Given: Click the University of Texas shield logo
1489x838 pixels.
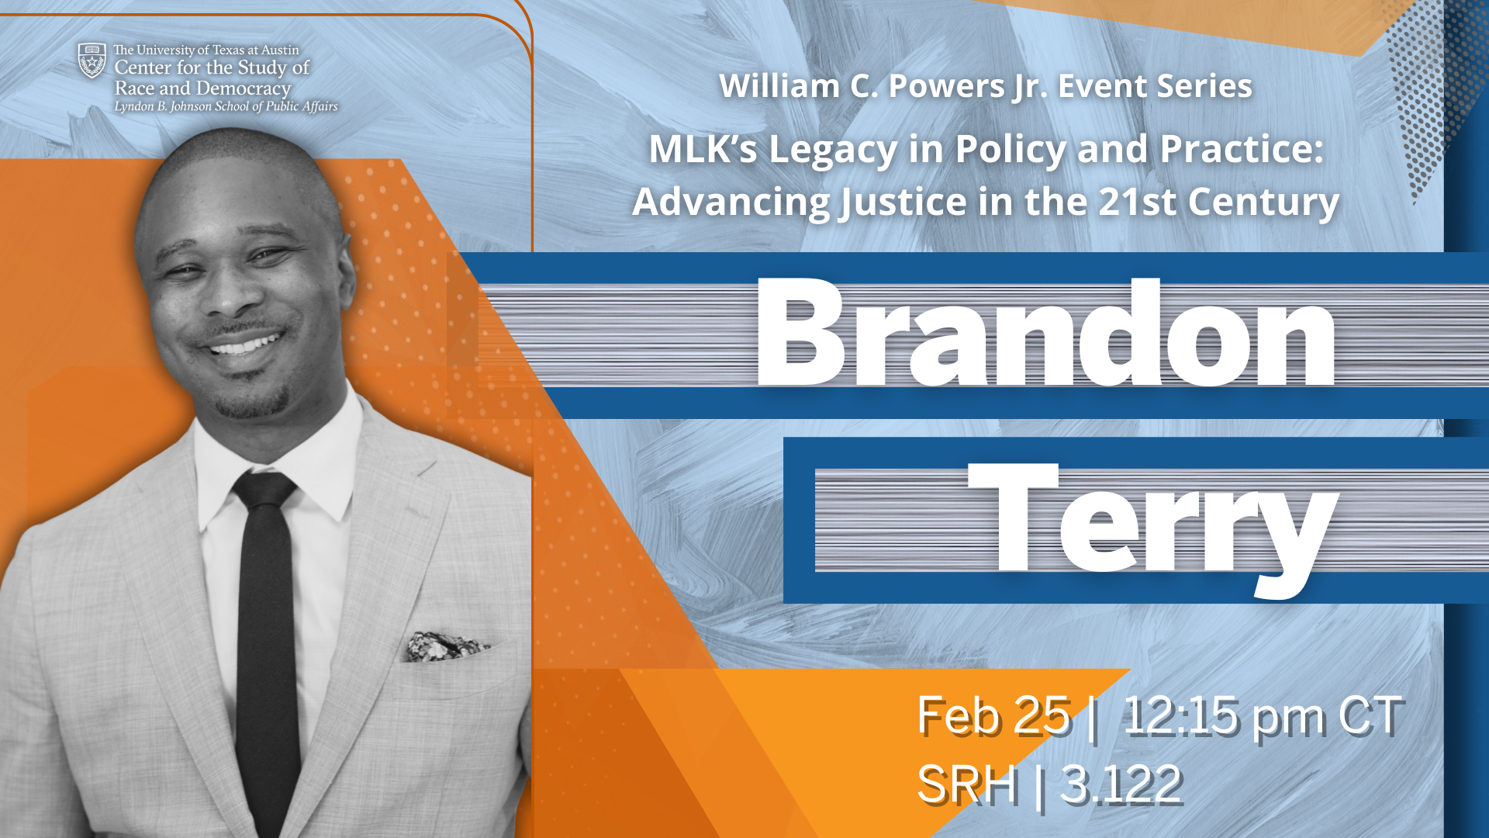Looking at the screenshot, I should tap(92, 61).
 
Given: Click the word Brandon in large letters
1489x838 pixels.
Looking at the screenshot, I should tap(1045, 334).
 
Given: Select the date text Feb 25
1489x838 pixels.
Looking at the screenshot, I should tap(993, 715).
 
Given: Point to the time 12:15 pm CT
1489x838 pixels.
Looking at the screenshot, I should tap(1262, 715).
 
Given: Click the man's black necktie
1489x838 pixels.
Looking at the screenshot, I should tap(267, 636).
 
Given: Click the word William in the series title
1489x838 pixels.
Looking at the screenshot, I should tap(778, 86).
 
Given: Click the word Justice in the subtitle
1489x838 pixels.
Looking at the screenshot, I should tap(903, 202).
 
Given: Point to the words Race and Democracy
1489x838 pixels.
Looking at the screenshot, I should tap(202, 88).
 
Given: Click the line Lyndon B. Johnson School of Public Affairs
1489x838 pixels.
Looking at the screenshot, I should tap(226, 106).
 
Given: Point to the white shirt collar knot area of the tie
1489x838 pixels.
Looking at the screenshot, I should tap(264, 490).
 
